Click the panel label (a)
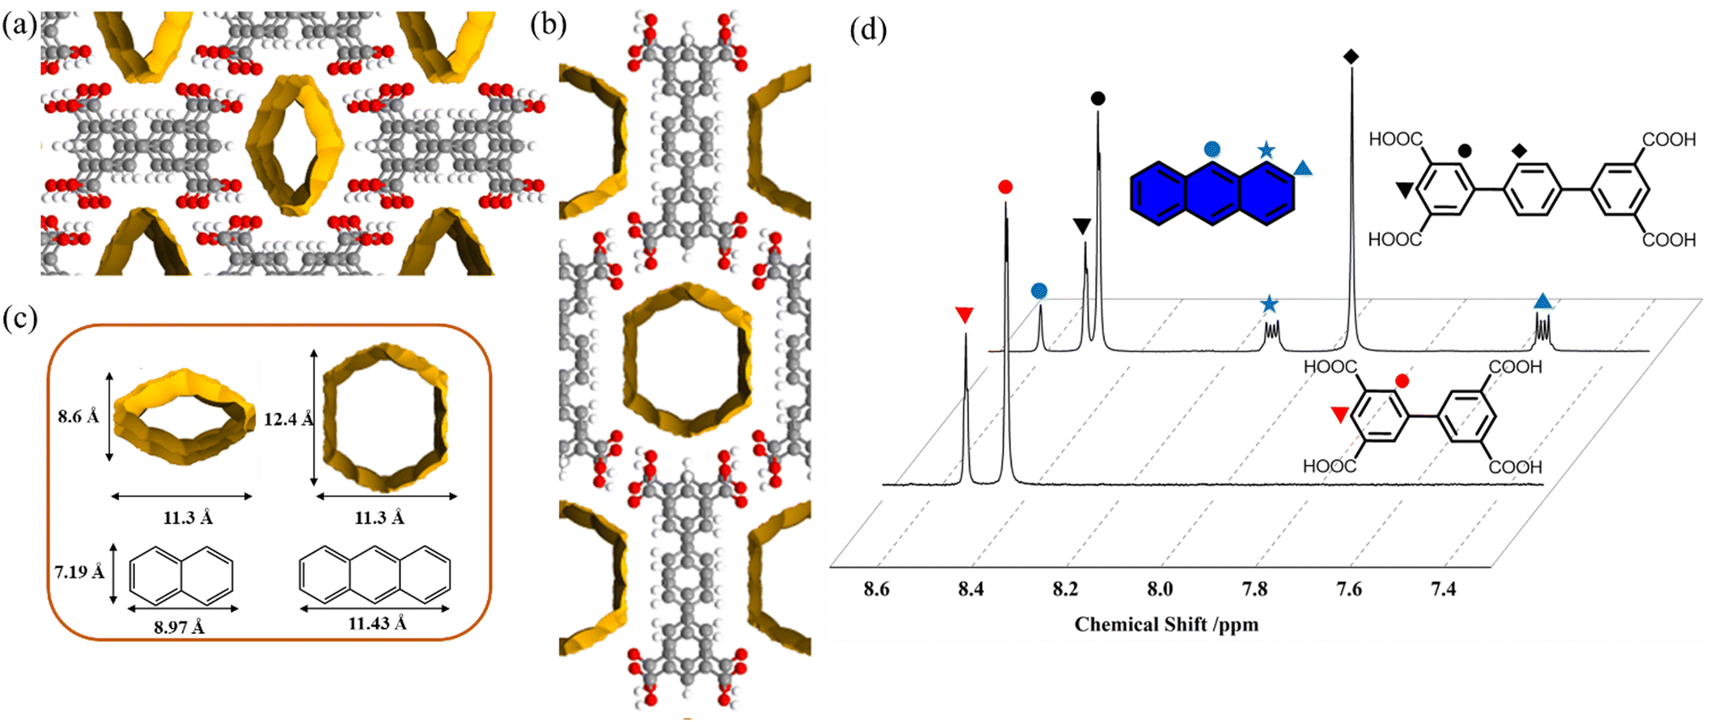click(19, 25)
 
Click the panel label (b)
click(548, 25)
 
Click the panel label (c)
click(19, 319)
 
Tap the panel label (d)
click(868, 30)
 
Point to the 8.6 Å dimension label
click(78, 417)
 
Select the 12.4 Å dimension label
click(288, 420)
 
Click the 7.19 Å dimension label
click(79, 572)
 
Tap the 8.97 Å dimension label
click(179, 627)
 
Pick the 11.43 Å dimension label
click(376, 624)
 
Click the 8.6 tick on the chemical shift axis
click(876, 589)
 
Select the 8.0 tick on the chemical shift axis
click(1160, 589)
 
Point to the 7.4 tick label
click(1443, 589)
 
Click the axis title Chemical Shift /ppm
click(1166, 625)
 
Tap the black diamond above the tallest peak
click(1351, 56)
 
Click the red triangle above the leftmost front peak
click(965, 315)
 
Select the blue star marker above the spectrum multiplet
click(1270, 303)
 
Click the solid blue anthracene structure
click(1212, 193)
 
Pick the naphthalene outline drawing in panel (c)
click(181, 574)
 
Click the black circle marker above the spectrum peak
click(1098, 98)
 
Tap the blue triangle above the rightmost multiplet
click(1542, 301)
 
